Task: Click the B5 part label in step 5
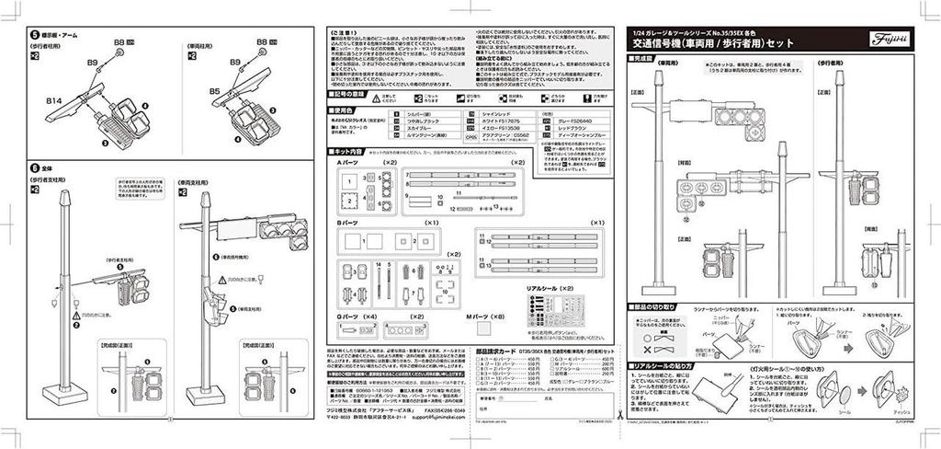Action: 213,92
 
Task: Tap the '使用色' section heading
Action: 342,109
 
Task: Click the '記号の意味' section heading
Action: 348,93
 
